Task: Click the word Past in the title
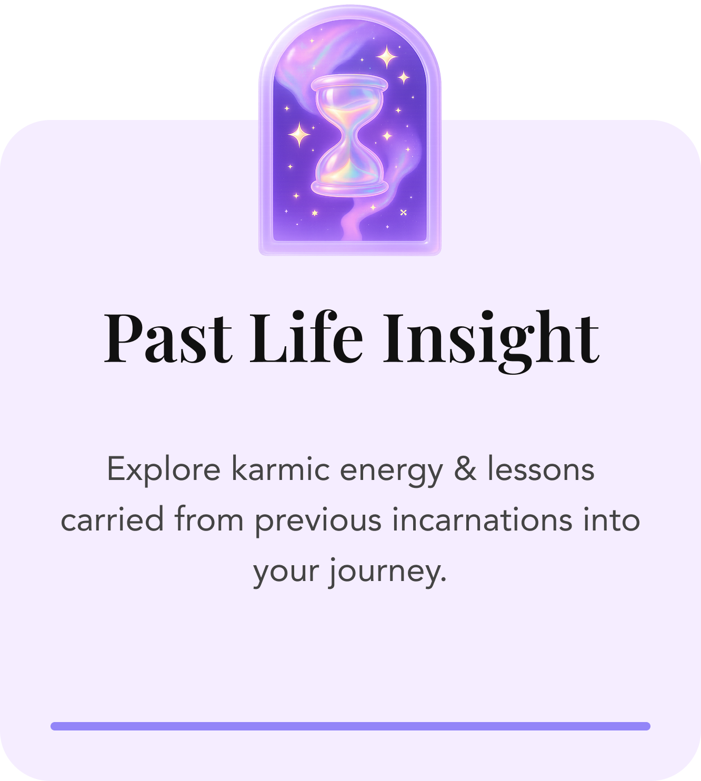pos(167,338)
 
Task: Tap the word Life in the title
pos(306,338)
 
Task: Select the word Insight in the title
pos(490,338)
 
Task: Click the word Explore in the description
pos(163,469)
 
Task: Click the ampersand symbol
pos(465,469)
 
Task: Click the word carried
pos(112,520)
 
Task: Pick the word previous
pos(318,520)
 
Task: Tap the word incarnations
pos(482,520)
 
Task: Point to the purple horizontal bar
pos(350,726)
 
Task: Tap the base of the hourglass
pos(349,187)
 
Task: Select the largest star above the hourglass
pos(387,56)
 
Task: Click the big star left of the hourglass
pos(299,134)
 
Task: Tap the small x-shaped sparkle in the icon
pos(404,212)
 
